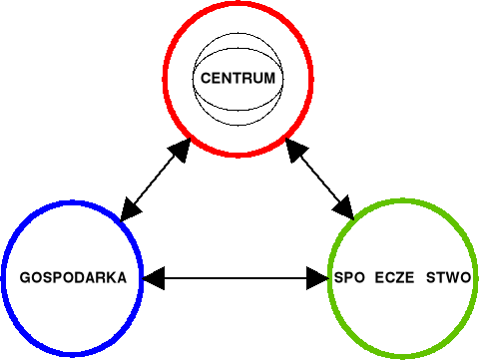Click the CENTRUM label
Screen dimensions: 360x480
coord(237,78)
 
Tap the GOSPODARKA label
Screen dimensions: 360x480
coord(74,278)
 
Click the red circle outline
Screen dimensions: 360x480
coord(167,78)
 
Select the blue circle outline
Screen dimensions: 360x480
coord(8,278)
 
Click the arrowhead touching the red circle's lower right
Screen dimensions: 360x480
coord(295,151)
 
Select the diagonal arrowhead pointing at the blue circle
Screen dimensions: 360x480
coord(128,209)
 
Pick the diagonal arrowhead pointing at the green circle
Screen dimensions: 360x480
coord(344,208)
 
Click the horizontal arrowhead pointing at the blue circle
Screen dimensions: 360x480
coord(153,278)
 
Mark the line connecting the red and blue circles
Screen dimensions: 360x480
coord(152,180)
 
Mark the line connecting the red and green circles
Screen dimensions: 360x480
coord(319,180)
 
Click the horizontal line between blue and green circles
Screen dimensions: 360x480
coord(236,278)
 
